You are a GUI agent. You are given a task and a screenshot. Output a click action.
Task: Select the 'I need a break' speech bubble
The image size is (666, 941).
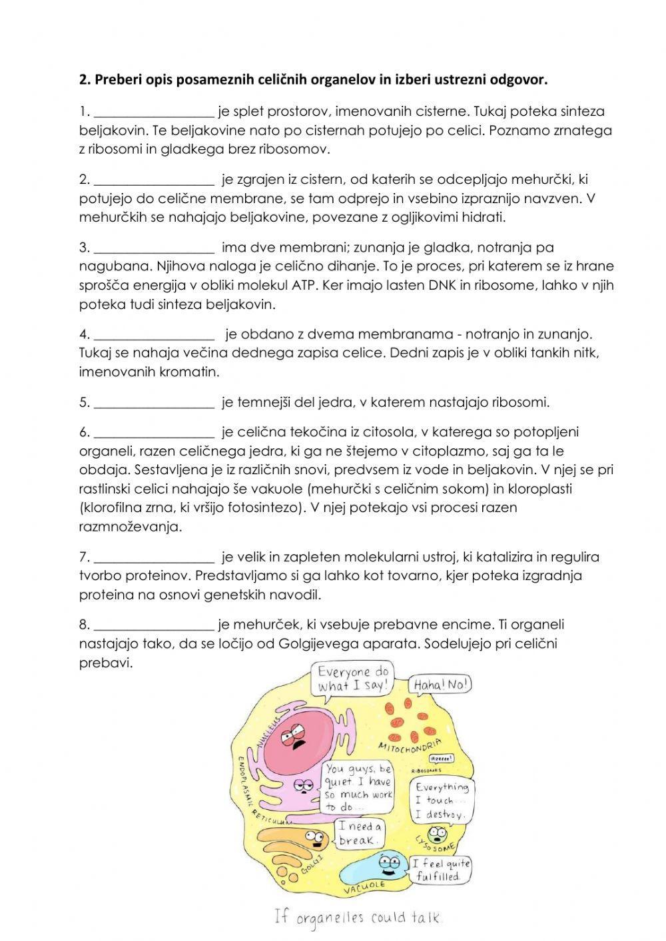tap(360, 833)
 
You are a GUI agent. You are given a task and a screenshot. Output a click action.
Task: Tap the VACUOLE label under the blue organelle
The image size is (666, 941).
tap(364, 886)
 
